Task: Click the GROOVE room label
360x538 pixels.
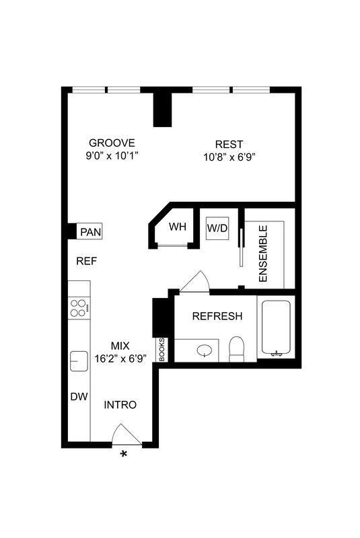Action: pos(112,143)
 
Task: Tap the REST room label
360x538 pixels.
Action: pos(229,144)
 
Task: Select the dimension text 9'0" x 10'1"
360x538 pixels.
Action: pos(112,156)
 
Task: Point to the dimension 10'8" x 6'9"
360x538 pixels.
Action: pos(229,157)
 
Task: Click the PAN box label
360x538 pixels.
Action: pos(89,232)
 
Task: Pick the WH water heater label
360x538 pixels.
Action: pos(177,227)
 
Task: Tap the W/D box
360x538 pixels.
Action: pos(217,228)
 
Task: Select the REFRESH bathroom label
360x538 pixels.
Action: pos(217,316)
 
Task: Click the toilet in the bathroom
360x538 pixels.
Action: pos(236,348)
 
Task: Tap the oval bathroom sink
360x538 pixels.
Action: pos(206,350)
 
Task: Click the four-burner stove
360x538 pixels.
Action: pos(78,307)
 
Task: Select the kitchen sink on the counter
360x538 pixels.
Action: pos(79,361)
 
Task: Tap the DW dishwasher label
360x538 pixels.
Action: pos(79,397)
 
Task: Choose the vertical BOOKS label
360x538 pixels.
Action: pos(161,350)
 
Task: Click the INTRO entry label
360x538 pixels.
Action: pos(120,405)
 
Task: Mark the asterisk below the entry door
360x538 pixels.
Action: pos(124,455)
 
